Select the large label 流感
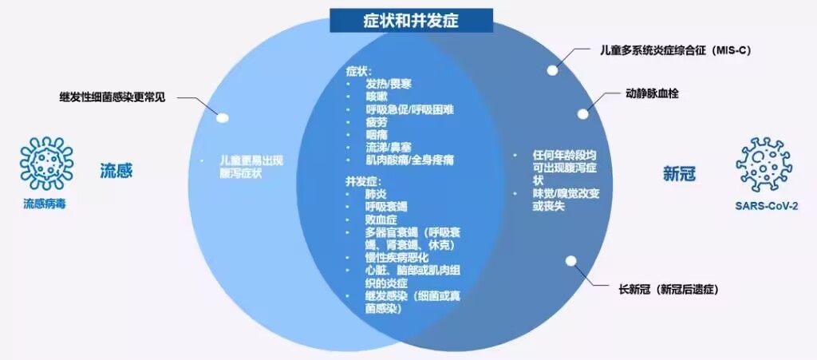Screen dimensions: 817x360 (x=116, y=170)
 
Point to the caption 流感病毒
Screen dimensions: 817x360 (x=44, y=204)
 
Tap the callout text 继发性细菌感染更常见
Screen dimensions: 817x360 (x=112, y=97)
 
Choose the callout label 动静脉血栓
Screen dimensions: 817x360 (x=652, y=93)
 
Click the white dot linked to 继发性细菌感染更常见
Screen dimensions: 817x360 (x=223, y=118)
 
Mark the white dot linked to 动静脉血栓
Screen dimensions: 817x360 (x=583, y=114)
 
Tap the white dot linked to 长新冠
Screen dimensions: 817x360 (x=571, y=260)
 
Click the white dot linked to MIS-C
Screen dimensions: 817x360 (x=550, y=67)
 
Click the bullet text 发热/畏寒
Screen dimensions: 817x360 (x=389, y=84)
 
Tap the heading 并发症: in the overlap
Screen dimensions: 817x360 (x=363, y=180)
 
